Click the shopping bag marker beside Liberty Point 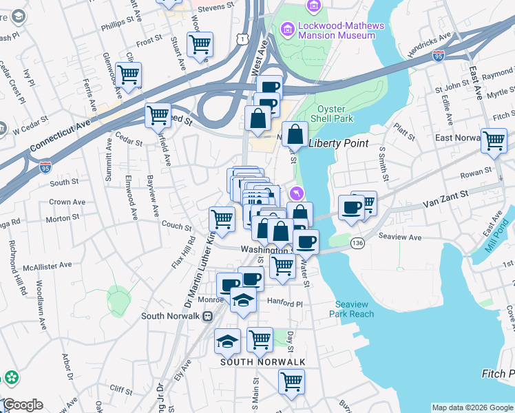click(295, 133)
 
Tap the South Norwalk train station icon click(207, 316)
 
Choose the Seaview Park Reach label click(355, 309)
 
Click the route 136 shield click(357, 243)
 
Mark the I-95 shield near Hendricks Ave click(439, 57)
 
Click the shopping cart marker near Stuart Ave click(200, 45)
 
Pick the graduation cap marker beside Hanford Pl click(243, 300)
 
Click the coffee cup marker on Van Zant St click(351, 207)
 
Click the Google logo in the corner click(22, 405)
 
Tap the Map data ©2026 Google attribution click(472, 407)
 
